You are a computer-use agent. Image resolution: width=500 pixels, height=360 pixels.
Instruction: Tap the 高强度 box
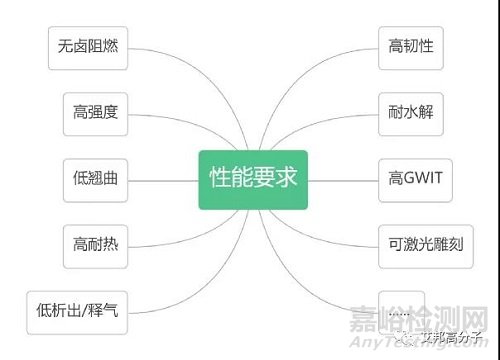click(x=95, y=112)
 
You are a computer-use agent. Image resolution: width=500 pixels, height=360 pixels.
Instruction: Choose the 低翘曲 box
click(x=95, y=177)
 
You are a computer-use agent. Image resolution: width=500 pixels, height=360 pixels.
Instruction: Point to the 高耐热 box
click(x=95, y=243)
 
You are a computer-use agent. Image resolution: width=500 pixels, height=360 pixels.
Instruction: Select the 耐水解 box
click(x=410, y=112)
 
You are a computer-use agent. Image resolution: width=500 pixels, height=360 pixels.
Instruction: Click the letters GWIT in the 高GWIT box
click(x=424, y=177)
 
